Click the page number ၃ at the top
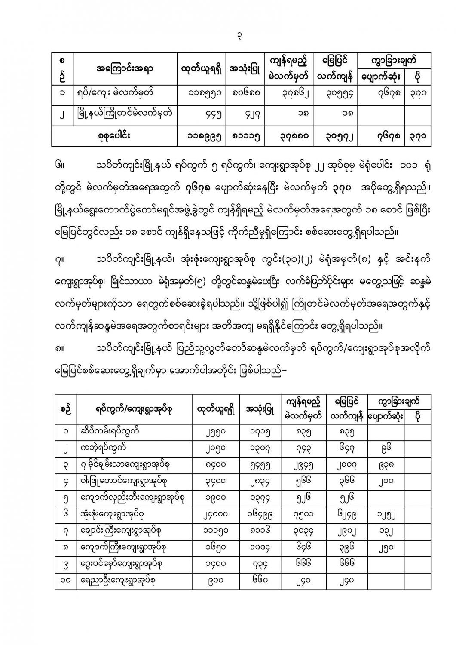pyautogui.click(x=239, y=37)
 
